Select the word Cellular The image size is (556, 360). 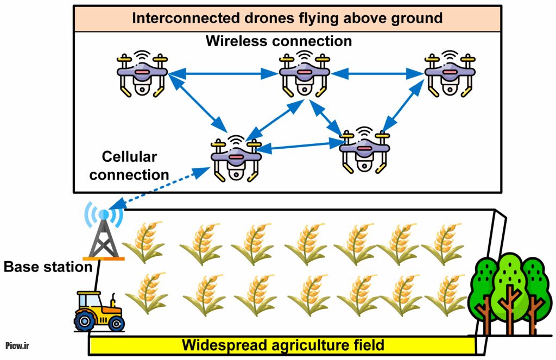[130, 157]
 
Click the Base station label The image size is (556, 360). [48, 267]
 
